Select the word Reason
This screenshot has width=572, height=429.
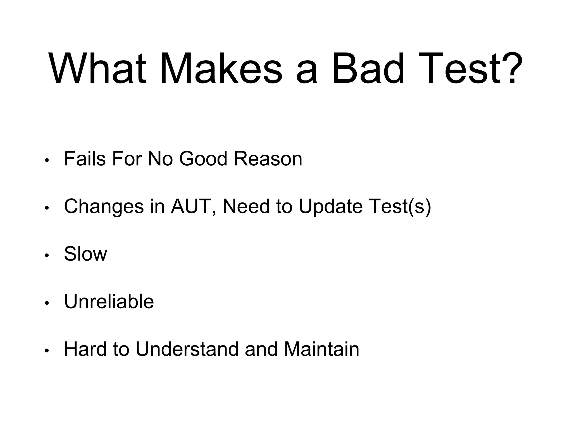pyautogui.click(x=268, y=159)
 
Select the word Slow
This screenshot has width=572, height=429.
pyautogui.click(x=85, y=254)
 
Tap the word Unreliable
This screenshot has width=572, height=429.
pyautogui.click(x=109, y=302)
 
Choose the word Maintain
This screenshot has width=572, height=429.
pyautogui.click(x=321, y=349)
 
